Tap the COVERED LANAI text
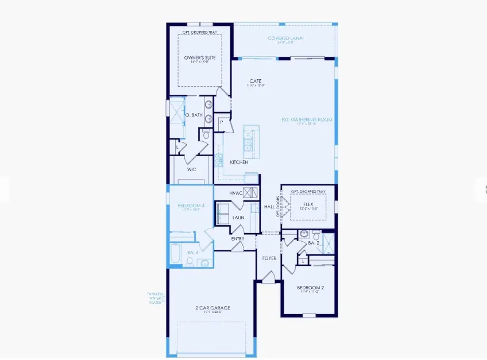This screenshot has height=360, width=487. pyautogui.click(x=285, y=38)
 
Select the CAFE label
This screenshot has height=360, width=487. pyautogui.click(x=256, y=81)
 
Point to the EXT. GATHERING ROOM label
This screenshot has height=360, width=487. pyautogui.click(x=307, y=120)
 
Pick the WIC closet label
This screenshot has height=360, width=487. pyautogui.click(x=191, y=169)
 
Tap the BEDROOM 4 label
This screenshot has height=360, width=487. pyautogui.click(x=188, y=206)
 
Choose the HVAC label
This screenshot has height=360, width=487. pyautogui.click(x=235, y=193)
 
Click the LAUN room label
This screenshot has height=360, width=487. pyautogui.click(x=238, y=218)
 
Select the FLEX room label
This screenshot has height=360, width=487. pyautogui.click(x=308, y=203)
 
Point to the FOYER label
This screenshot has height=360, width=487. pyautogui.click(x=269, y=258)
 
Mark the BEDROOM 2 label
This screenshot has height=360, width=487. pyautogui.click(x=311, y=287)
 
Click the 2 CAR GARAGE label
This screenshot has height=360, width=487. pyautogui.click(x=212, y=308)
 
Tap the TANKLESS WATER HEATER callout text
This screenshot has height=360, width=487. pyautogui.click(x=155, y=298)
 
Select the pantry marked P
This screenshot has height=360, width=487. pyautogui.click(x=222, y=122)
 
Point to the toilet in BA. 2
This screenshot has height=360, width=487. pyautogui.click(x=303, y=234)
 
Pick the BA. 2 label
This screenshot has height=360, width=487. pyautogui.click(x=313, y=243)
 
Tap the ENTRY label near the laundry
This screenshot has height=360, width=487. pyautogui.click(x=238, y=239)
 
